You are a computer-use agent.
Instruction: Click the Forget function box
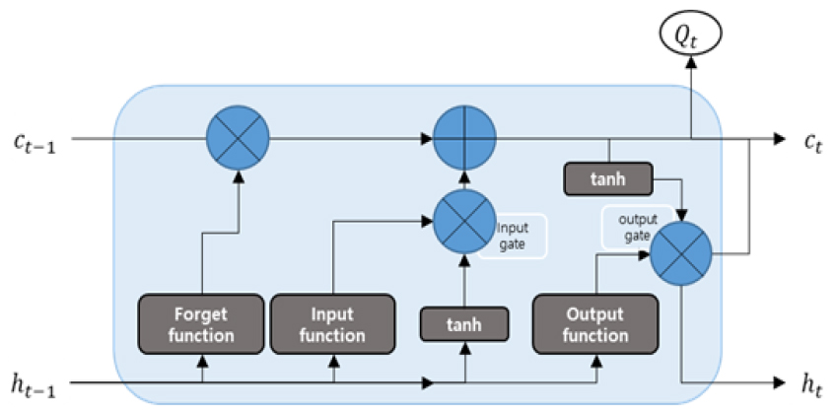(202, 323)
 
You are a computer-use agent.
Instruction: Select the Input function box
(333, 323)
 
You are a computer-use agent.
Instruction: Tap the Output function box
(595, 323)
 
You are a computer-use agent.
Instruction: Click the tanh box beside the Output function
(464, 322)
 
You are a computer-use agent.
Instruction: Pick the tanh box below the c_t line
(608, 178)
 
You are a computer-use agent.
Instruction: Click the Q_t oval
(691, 35)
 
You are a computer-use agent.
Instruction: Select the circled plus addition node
(464, 137)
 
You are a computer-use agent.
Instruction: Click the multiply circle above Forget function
(236, 137)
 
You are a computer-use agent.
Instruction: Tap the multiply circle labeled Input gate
(464, 223)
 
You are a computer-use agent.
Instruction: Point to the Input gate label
(513, 236)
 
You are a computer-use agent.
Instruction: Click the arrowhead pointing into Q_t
(691, 61)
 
